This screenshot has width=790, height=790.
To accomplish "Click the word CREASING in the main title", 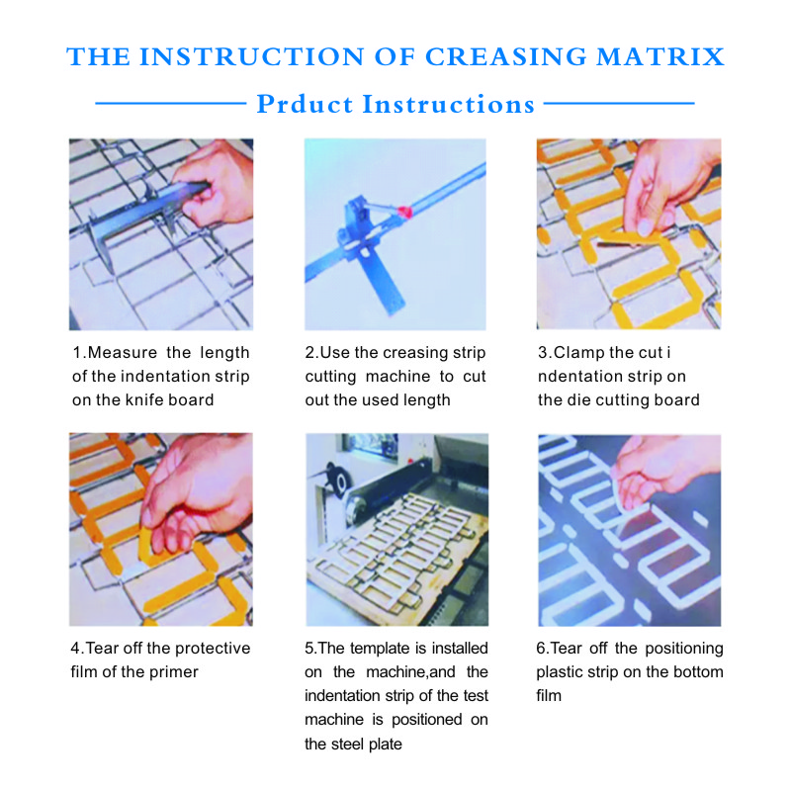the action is (506, 56).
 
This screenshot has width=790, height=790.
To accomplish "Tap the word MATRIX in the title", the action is (660, 56).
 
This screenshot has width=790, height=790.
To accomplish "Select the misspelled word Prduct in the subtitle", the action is (305, 104).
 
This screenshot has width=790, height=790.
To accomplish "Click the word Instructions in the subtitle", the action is (449, 104).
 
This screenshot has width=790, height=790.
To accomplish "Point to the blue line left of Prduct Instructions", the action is (171, 103).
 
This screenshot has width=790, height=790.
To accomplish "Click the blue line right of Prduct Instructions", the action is (619, 103).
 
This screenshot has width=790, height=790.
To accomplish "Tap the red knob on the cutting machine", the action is (404, 213).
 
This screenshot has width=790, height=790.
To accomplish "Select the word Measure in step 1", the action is (123, 352).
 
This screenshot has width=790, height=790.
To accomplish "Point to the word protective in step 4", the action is (213, 648).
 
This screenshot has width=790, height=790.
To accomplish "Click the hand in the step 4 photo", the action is (197, 493).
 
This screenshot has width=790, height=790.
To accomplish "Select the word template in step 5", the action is (373, 648).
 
